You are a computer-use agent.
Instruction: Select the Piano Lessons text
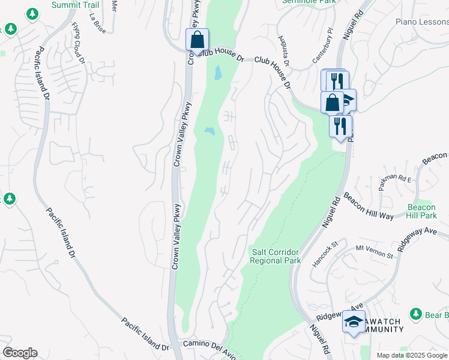422,22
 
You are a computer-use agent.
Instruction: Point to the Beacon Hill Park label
420,211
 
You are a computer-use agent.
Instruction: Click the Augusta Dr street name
283,50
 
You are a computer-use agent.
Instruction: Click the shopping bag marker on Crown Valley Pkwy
197,41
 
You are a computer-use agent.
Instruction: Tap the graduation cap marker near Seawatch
354,322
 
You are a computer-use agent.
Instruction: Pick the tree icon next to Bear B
415,314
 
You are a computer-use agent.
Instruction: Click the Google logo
20,352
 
